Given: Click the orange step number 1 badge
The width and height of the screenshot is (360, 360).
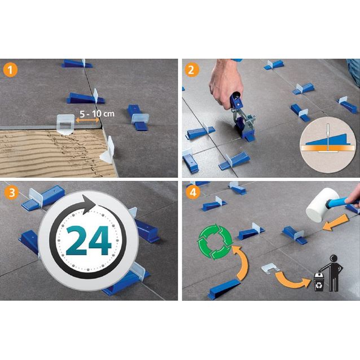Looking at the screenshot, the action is click(11, 70).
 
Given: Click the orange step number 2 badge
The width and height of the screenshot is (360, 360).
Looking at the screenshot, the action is click(191, 70).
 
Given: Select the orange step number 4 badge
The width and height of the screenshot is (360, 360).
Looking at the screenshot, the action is click(193, 192).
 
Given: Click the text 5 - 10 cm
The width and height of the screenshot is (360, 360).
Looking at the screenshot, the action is click(97, 113).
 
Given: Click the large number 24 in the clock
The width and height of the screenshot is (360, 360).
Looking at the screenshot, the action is click(88, 240).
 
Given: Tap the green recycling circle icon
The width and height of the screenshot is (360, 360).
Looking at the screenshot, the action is click(215, 242).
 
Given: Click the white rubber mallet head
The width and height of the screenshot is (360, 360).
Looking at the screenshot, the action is click(322, 205).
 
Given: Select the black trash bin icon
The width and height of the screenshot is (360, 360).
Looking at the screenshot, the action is click(319, 282).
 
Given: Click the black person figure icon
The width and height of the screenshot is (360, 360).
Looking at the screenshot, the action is click(333, 273).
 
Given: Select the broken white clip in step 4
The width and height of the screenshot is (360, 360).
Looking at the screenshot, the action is click(270, 268).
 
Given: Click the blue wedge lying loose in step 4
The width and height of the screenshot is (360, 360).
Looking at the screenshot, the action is click(223, 289).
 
